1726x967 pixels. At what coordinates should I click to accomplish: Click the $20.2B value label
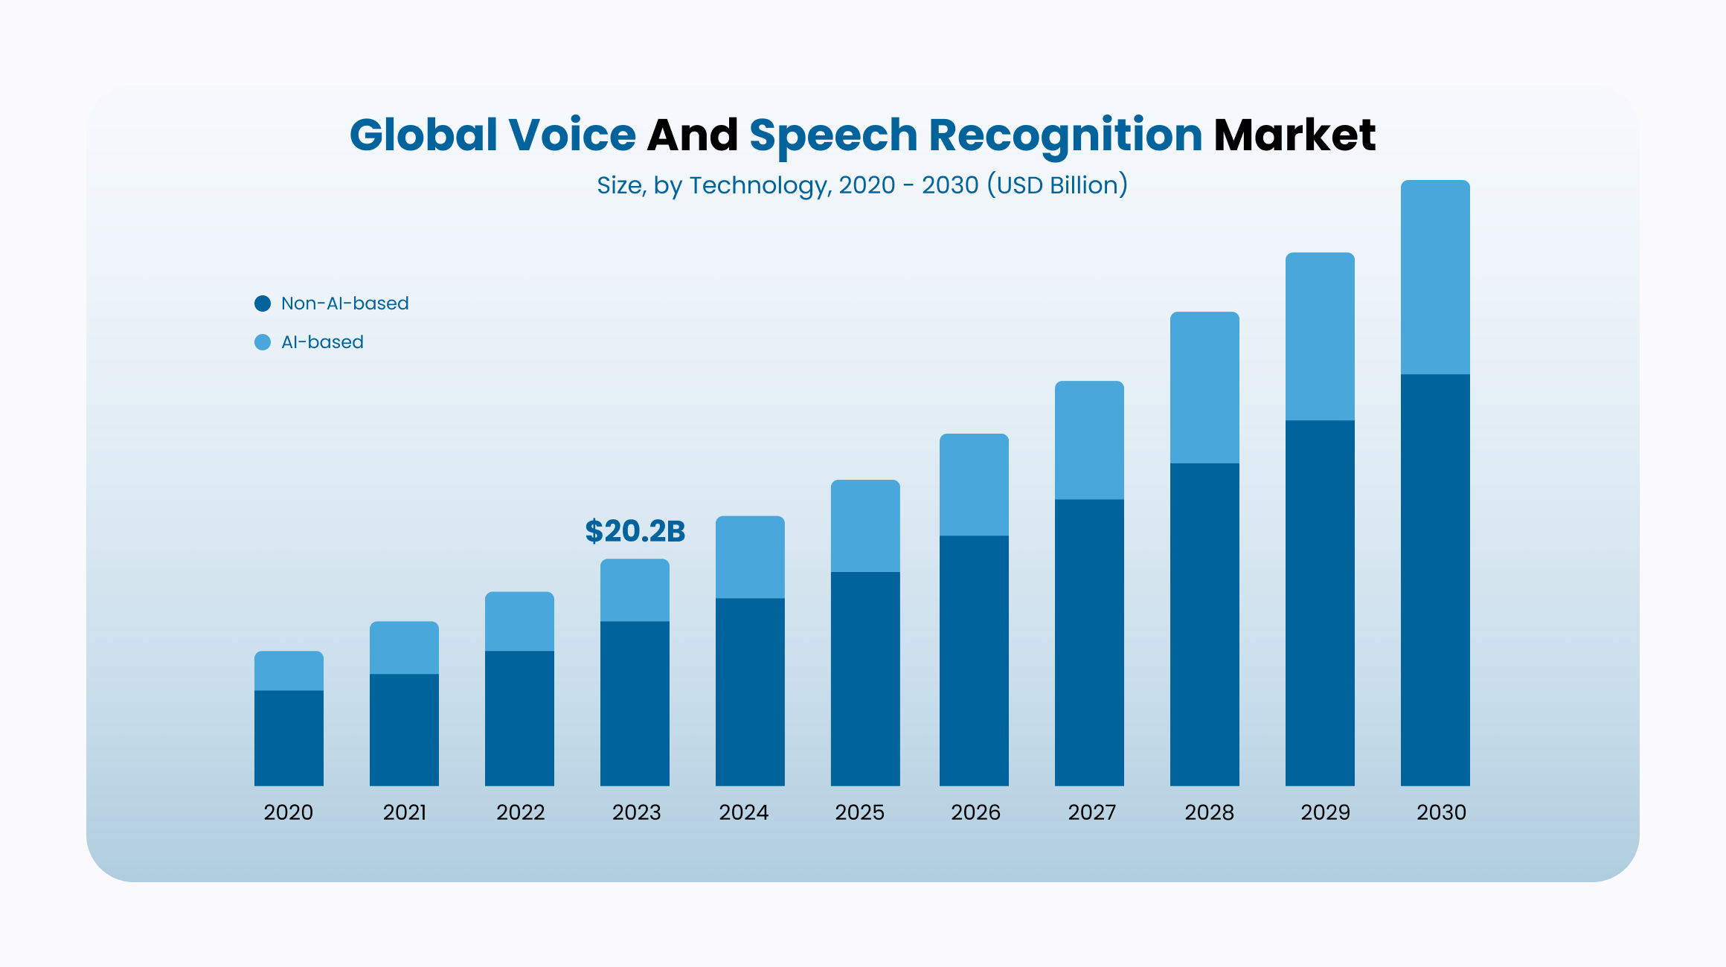click(635, 531)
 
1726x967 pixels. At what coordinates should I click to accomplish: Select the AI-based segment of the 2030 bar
click(1435, 277)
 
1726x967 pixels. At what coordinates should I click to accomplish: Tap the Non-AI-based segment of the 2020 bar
click(289, 738)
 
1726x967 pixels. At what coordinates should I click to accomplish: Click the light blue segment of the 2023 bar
click(635, 590)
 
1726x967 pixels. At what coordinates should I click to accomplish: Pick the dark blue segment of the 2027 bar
click(1089, 642)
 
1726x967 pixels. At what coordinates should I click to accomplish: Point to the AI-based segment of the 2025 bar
click(865, 526)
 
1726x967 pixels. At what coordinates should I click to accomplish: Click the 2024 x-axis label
click(744, 812)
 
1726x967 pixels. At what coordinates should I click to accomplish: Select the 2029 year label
click(1325, 812)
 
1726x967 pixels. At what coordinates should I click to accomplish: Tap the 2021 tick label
click(405, 812)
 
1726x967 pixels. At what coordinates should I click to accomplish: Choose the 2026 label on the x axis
click(975, 812)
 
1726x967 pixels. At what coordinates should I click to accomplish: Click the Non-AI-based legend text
click(344, 303)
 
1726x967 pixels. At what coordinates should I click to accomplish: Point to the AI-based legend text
click(322, 342)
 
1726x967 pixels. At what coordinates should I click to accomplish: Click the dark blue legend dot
click(263, 303)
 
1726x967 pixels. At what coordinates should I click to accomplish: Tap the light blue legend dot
click(263, 342)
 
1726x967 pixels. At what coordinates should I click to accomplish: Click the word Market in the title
click(1294, 135)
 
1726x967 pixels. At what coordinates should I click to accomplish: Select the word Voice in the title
click(572, 135)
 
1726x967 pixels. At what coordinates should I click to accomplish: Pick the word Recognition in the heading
click(1065, 135)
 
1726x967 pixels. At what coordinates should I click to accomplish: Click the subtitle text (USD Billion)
click(1057, 185)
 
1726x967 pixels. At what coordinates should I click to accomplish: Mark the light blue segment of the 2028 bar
click(1204, 388)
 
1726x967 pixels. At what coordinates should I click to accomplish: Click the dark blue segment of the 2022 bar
click(519, 718)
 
